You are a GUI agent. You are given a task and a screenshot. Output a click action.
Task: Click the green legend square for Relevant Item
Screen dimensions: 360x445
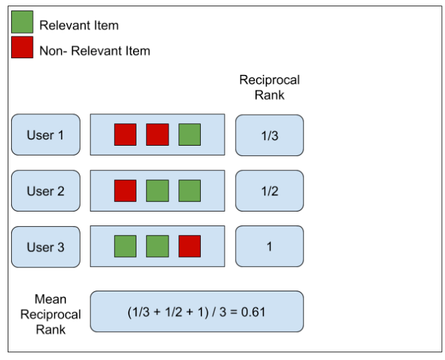click(x=22, y=23)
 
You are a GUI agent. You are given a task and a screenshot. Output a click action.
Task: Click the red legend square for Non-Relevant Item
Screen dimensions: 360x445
click(x=22, y=48)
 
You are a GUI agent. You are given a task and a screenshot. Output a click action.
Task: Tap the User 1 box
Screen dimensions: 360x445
click(x=45, y=134)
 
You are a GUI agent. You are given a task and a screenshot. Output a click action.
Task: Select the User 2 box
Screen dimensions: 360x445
click(x=45, y=191)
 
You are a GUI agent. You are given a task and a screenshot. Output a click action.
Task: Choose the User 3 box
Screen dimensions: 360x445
click(x=45, y=247)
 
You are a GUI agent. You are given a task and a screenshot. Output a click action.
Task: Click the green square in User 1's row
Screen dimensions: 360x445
click(x=189, y=134)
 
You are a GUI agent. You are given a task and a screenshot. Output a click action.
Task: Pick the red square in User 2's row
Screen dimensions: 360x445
click(x=125, y=191)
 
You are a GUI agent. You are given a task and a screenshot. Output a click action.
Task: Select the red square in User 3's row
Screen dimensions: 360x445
click(x=189, y=247)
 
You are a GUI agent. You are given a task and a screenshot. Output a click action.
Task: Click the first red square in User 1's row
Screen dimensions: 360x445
click(x=125, y=134)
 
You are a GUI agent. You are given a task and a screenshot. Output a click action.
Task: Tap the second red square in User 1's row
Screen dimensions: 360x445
click(x=157, y=134)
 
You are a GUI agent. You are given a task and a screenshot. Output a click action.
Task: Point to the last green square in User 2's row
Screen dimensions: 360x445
click(x=189, y=191)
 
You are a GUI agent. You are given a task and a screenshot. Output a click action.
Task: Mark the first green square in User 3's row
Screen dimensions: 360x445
click(x=125, y=247)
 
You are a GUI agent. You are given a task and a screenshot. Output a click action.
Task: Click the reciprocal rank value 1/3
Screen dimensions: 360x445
click(x=269, y=135)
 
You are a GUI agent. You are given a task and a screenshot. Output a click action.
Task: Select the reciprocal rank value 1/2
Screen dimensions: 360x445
click(x=269, y=191)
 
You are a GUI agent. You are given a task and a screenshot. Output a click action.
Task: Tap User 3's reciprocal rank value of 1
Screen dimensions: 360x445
click(x=269, y=247)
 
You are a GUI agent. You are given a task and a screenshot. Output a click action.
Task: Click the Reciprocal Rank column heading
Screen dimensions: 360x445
click(x=269, y=88)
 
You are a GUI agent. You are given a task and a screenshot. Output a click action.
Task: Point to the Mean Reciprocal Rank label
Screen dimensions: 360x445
click(x=50, y=314)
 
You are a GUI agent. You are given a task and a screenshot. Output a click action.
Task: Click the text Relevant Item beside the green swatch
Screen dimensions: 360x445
click(x=79, y=25)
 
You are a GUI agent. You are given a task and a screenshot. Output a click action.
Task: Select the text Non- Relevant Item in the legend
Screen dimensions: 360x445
click(x=94, y=50)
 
